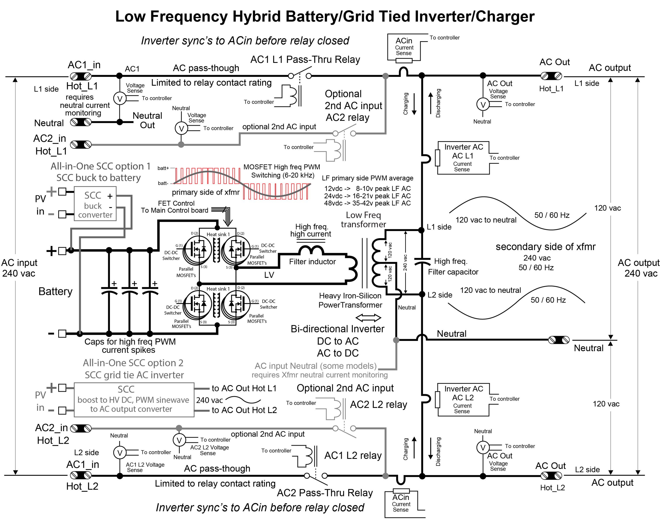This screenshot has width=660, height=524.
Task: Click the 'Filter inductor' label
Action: point(312,262)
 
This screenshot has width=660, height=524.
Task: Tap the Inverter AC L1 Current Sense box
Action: point(463,158)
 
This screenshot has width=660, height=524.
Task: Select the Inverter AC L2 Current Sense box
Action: point(463,400)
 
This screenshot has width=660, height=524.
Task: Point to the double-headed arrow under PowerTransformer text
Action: point(368,318)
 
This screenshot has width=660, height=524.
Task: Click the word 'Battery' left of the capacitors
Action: point(56,291)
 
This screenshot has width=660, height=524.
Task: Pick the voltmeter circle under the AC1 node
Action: point(120,99)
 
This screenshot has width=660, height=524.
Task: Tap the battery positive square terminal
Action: point(62,251)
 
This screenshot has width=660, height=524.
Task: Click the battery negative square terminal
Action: point(62,333)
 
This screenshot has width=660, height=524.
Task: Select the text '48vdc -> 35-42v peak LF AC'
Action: point(367,203)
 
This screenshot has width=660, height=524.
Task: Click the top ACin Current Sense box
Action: point(404,47)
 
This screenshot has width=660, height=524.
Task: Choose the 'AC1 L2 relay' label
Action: point(353,455)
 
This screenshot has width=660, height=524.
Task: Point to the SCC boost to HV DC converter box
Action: point(134,400)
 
